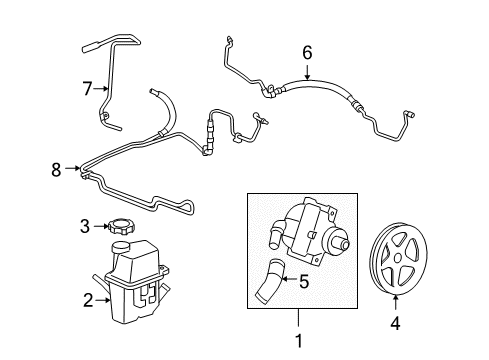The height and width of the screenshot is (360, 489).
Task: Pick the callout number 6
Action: [x=307, y=51]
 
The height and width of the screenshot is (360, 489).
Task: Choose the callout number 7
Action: [x=86, y=89]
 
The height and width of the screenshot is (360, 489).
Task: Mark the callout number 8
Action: [x=58, y=170]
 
